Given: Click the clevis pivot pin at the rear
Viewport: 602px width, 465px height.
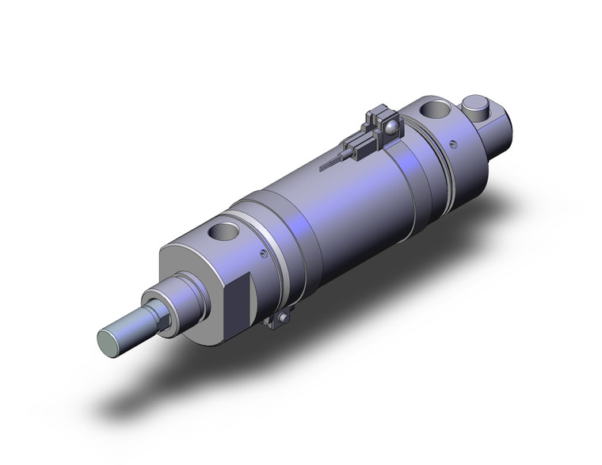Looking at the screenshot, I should [476, 105].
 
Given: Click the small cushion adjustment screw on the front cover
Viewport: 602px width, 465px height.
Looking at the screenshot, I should [262, 254].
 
